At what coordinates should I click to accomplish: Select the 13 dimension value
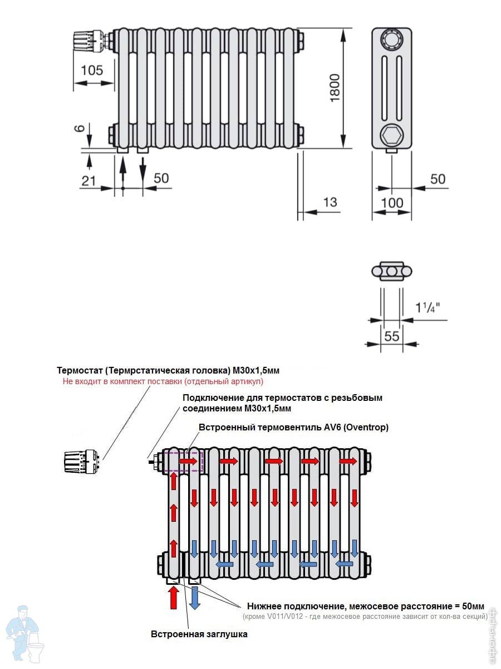pos(330,201)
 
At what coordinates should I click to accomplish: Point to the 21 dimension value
pos(89,180)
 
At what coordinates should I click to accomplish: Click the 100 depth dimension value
pos(392,202)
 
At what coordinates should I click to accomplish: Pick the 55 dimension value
pos(392,336)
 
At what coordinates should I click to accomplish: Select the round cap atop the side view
pos(391,40)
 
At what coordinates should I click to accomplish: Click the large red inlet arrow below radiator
pos(173,598)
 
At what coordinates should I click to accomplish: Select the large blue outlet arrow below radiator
pos(194,598)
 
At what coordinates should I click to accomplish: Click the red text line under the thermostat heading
pos(162,382)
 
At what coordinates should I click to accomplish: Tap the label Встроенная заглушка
pos(199,634)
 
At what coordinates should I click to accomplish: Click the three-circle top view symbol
pos(392,272)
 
